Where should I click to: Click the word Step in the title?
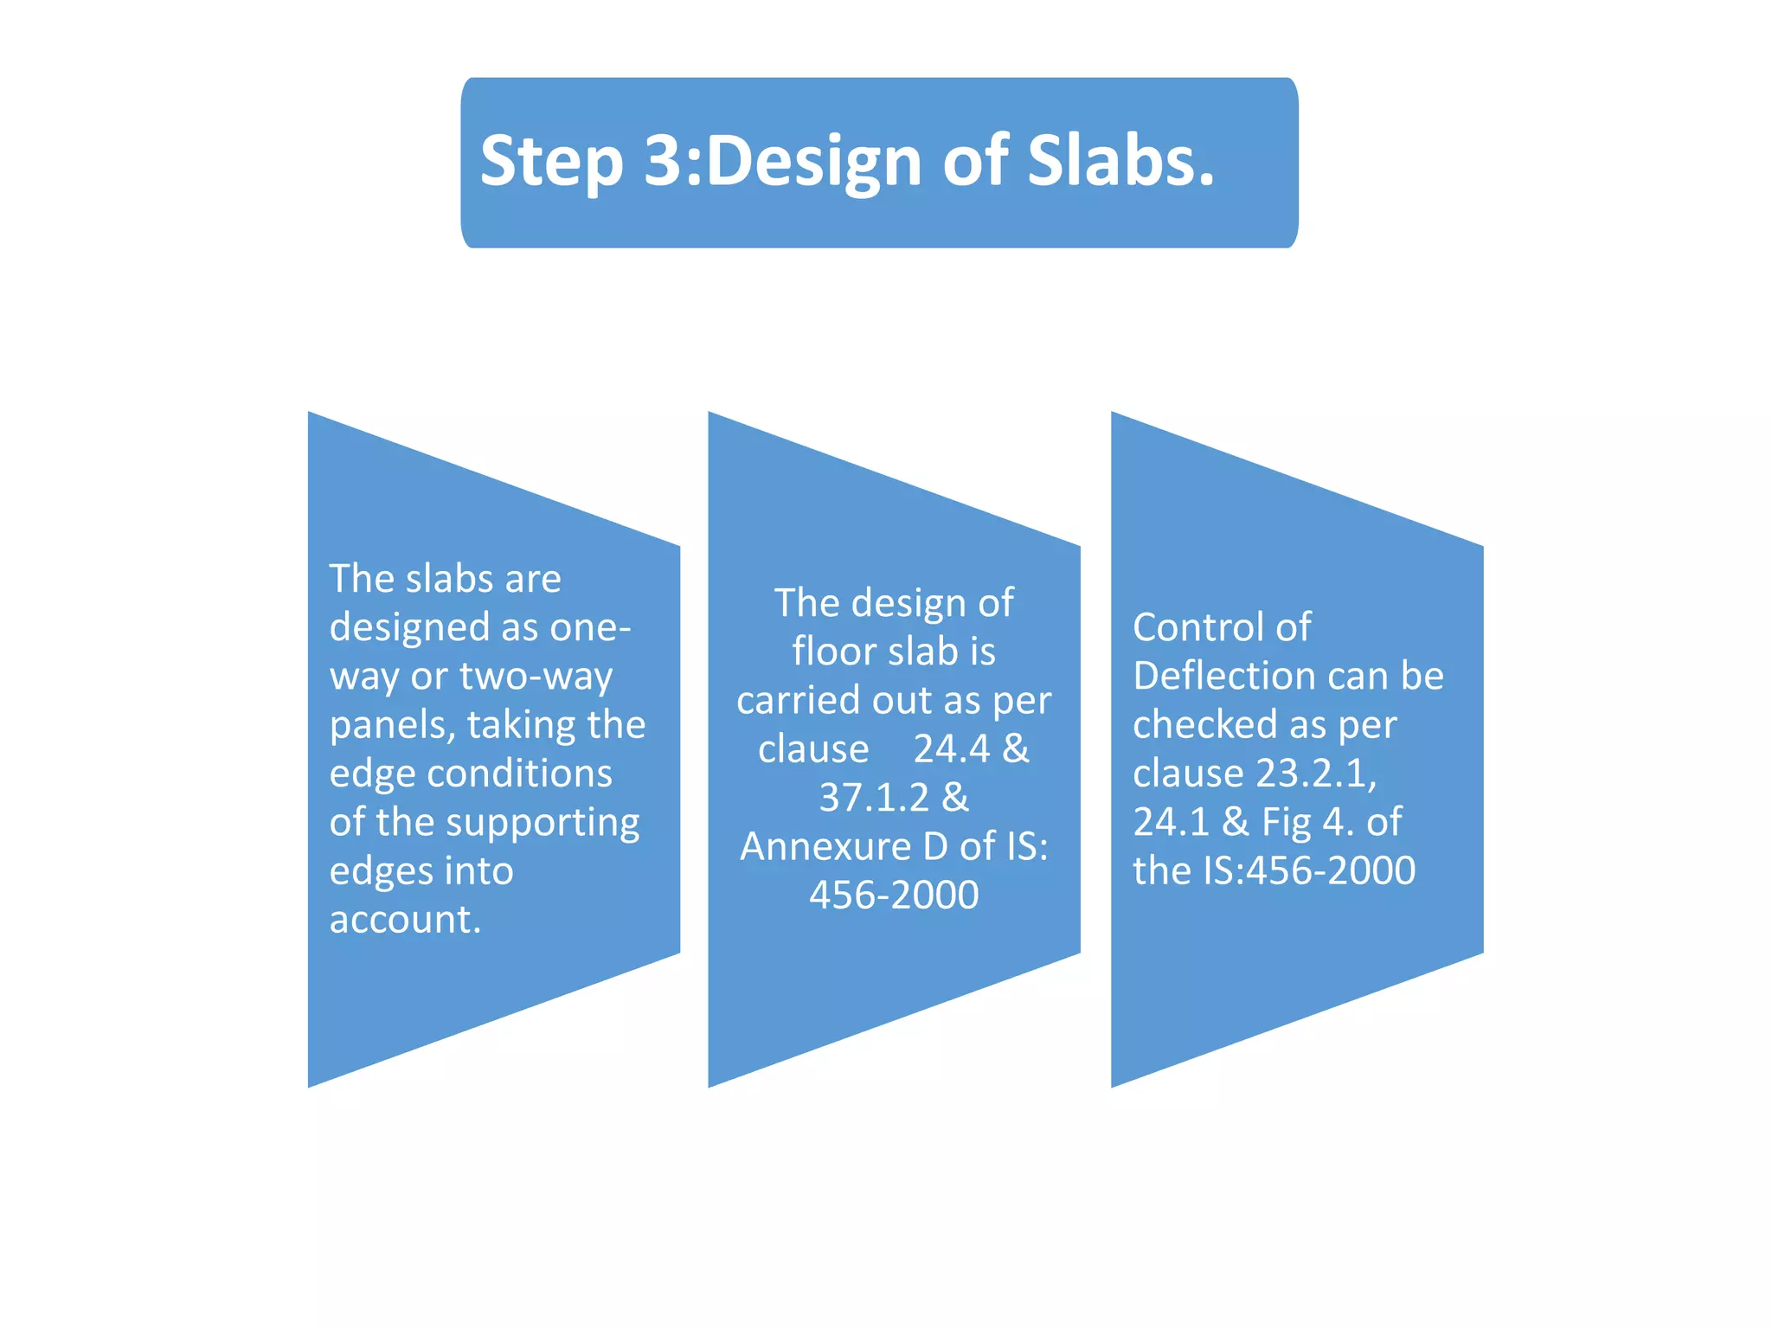[x=551, y=163]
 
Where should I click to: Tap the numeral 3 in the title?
[x=664, y=161]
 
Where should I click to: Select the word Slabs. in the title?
[x=1120, y=161]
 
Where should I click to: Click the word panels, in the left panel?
[x=392, y=725]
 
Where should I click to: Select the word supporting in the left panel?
[x=543, y=824]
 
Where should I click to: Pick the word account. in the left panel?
[x=405, y=919]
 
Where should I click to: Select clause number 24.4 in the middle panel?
[x=951, y=748]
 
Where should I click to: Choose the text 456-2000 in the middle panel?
[x=894, y=895]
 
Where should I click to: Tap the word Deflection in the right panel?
[x=1217, y=676]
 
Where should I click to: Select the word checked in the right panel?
[x=1204, y=725]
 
